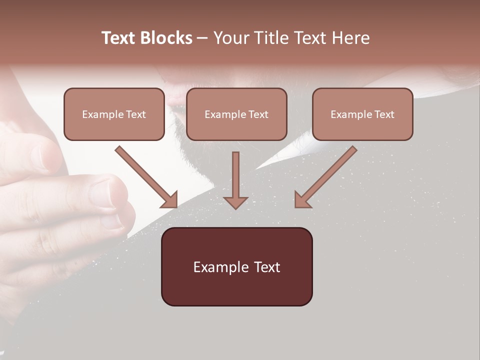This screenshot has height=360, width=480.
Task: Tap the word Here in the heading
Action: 350,38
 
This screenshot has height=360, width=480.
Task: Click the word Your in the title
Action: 230,38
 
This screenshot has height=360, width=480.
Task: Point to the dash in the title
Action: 202,38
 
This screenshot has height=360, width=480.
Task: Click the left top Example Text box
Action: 114,114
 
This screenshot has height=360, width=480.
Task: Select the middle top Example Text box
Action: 236,114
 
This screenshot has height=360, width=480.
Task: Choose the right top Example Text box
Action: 362,114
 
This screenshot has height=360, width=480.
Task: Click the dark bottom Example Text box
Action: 236,266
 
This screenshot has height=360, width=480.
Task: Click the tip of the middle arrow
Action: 235,207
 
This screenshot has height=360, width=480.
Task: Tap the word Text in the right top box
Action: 384,114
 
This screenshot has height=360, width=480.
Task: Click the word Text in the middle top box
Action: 258,114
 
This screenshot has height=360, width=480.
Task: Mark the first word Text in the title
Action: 119,38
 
